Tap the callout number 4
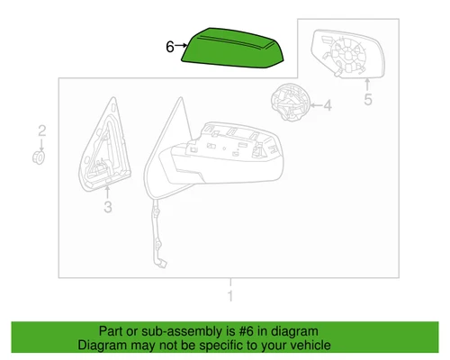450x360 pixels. (x=327, y=106)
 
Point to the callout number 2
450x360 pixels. (x=40, y=133)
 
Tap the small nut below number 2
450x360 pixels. (x=40, y=157)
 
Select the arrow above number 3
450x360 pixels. (x=107, y=192)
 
